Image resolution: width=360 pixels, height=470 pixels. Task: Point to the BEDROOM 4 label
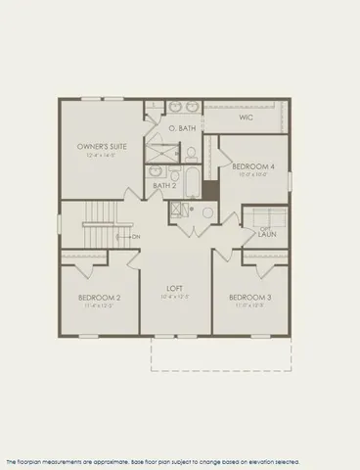click(x=253, y=166)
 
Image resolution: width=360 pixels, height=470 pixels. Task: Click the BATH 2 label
click(x=165, y=185)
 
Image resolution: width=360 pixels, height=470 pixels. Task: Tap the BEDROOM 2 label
click(x=98, y=297)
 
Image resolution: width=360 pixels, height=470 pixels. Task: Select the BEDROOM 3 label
click(x=249, y=297)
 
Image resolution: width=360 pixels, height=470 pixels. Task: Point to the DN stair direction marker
click(x=134, y=237)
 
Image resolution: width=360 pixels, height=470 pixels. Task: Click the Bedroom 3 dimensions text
click(x=249, y=305)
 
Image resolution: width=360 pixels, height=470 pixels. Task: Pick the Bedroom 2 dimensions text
click(x=98, y=305)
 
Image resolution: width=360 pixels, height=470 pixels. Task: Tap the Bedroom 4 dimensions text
click(x=253, y=175)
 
